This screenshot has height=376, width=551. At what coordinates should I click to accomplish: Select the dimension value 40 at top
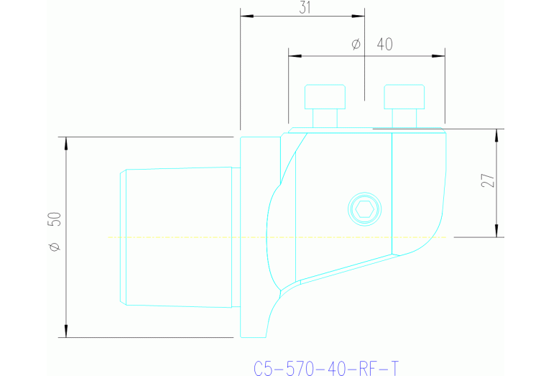(384, 45)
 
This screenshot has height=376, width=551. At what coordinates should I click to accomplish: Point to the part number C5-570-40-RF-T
(326, 368)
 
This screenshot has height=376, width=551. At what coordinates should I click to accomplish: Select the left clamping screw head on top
(325, 96)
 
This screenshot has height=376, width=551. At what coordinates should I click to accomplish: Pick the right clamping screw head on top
(405, 96)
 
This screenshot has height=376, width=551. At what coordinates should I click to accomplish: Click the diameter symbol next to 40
(356, 45)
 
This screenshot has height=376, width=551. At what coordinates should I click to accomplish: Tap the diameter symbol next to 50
(55, 247)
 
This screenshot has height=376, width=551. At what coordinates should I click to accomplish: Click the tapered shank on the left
(176, 237)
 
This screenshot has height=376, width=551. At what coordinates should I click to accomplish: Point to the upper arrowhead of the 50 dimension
(66, 142)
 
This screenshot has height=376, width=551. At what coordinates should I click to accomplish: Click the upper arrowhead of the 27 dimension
(496, 135)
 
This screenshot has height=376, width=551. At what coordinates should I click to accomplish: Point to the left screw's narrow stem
(325, 118)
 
